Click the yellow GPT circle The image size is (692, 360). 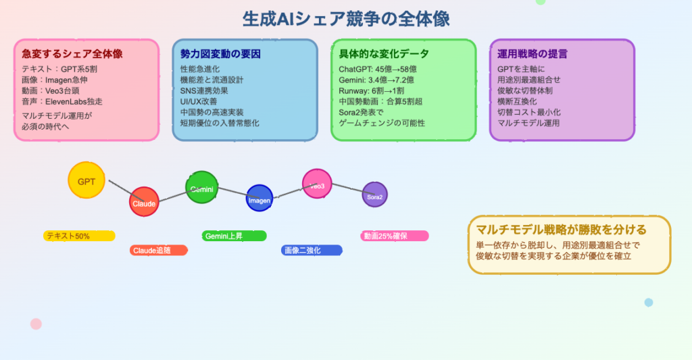point(86,181)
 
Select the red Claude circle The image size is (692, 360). point(144,202)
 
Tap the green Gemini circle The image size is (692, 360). point(202,188)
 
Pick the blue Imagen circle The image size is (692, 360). point(259,199)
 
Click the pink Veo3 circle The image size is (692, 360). point(317,184)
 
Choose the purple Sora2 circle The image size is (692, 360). point(374,196)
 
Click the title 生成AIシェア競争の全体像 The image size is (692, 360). point(346,18)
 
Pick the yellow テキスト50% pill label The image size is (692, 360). point(79,236)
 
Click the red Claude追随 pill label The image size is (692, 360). point(158,251)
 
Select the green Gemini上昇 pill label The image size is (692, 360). point(234,236)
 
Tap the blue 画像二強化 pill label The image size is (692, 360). point(312,251)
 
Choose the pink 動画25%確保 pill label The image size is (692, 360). point(394,236)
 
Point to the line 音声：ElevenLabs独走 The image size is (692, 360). point(62,102)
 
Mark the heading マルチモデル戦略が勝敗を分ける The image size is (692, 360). point(561,229)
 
